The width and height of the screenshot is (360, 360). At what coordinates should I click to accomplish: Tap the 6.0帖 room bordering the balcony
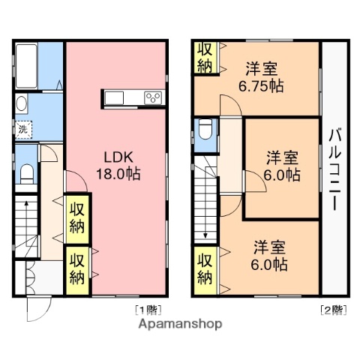coord(283,166)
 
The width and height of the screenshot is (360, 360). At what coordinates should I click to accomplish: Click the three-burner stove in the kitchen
coord(154,97)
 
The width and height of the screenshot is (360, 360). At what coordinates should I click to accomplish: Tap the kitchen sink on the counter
coord(117,97)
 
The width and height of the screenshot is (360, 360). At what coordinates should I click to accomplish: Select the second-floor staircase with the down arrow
coord(204,202)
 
